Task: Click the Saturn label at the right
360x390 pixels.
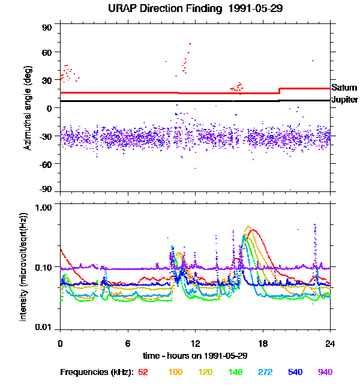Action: point(344,88)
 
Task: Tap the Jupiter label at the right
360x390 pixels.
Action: point(345,100)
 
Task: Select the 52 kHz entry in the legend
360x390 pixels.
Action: point(143,373)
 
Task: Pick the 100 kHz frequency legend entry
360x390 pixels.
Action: point(175,373)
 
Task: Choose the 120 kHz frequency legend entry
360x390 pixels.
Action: point(205,373)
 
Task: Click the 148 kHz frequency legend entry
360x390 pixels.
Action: point(235,373)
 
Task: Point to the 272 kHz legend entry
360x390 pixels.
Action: point(265,373)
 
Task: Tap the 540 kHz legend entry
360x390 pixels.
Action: point(295,373)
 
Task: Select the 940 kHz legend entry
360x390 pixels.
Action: point(325,373)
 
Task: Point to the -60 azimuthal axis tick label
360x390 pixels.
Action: point(46,164)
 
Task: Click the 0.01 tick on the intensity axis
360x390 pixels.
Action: point(44,328)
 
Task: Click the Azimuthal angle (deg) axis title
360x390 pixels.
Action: point(28,109)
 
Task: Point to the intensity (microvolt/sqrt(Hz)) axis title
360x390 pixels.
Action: point(24,266)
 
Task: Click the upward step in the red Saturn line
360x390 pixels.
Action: point(280,91)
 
